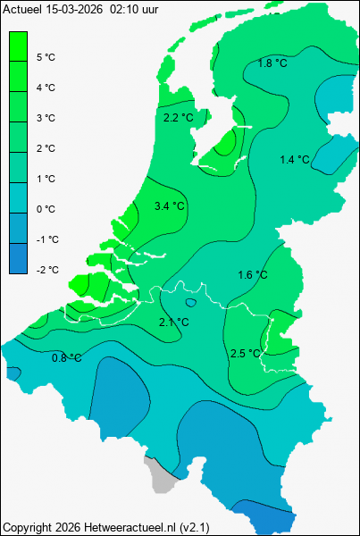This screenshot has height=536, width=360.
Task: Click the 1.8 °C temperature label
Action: [272, 63]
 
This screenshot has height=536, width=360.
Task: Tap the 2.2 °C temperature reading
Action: [179, 118]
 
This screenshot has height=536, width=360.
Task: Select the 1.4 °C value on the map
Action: [295, 160]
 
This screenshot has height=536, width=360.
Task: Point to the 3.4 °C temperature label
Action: [170, 206]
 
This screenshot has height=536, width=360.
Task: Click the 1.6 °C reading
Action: [253, 274]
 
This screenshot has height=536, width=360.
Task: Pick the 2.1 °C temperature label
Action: [173, 322]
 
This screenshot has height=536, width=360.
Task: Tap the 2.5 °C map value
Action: [245, 354]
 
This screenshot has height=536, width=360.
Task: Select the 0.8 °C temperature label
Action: [66, 358]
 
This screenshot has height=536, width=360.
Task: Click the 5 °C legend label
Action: [46, 57]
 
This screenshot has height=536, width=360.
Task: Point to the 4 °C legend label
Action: [46, 88]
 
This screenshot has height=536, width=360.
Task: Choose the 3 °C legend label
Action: [46, 118]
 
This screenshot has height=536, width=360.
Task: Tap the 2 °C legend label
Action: [46, 148]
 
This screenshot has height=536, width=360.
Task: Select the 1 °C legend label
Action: [46, 179]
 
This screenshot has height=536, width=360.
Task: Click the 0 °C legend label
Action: [46, 209]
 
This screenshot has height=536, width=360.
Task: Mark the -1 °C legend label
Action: [46, 239]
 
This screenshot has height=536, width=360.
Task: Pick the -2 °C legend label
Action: [46, 270]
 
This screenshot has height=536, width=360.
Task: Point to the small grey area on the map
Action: [160, 480]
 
